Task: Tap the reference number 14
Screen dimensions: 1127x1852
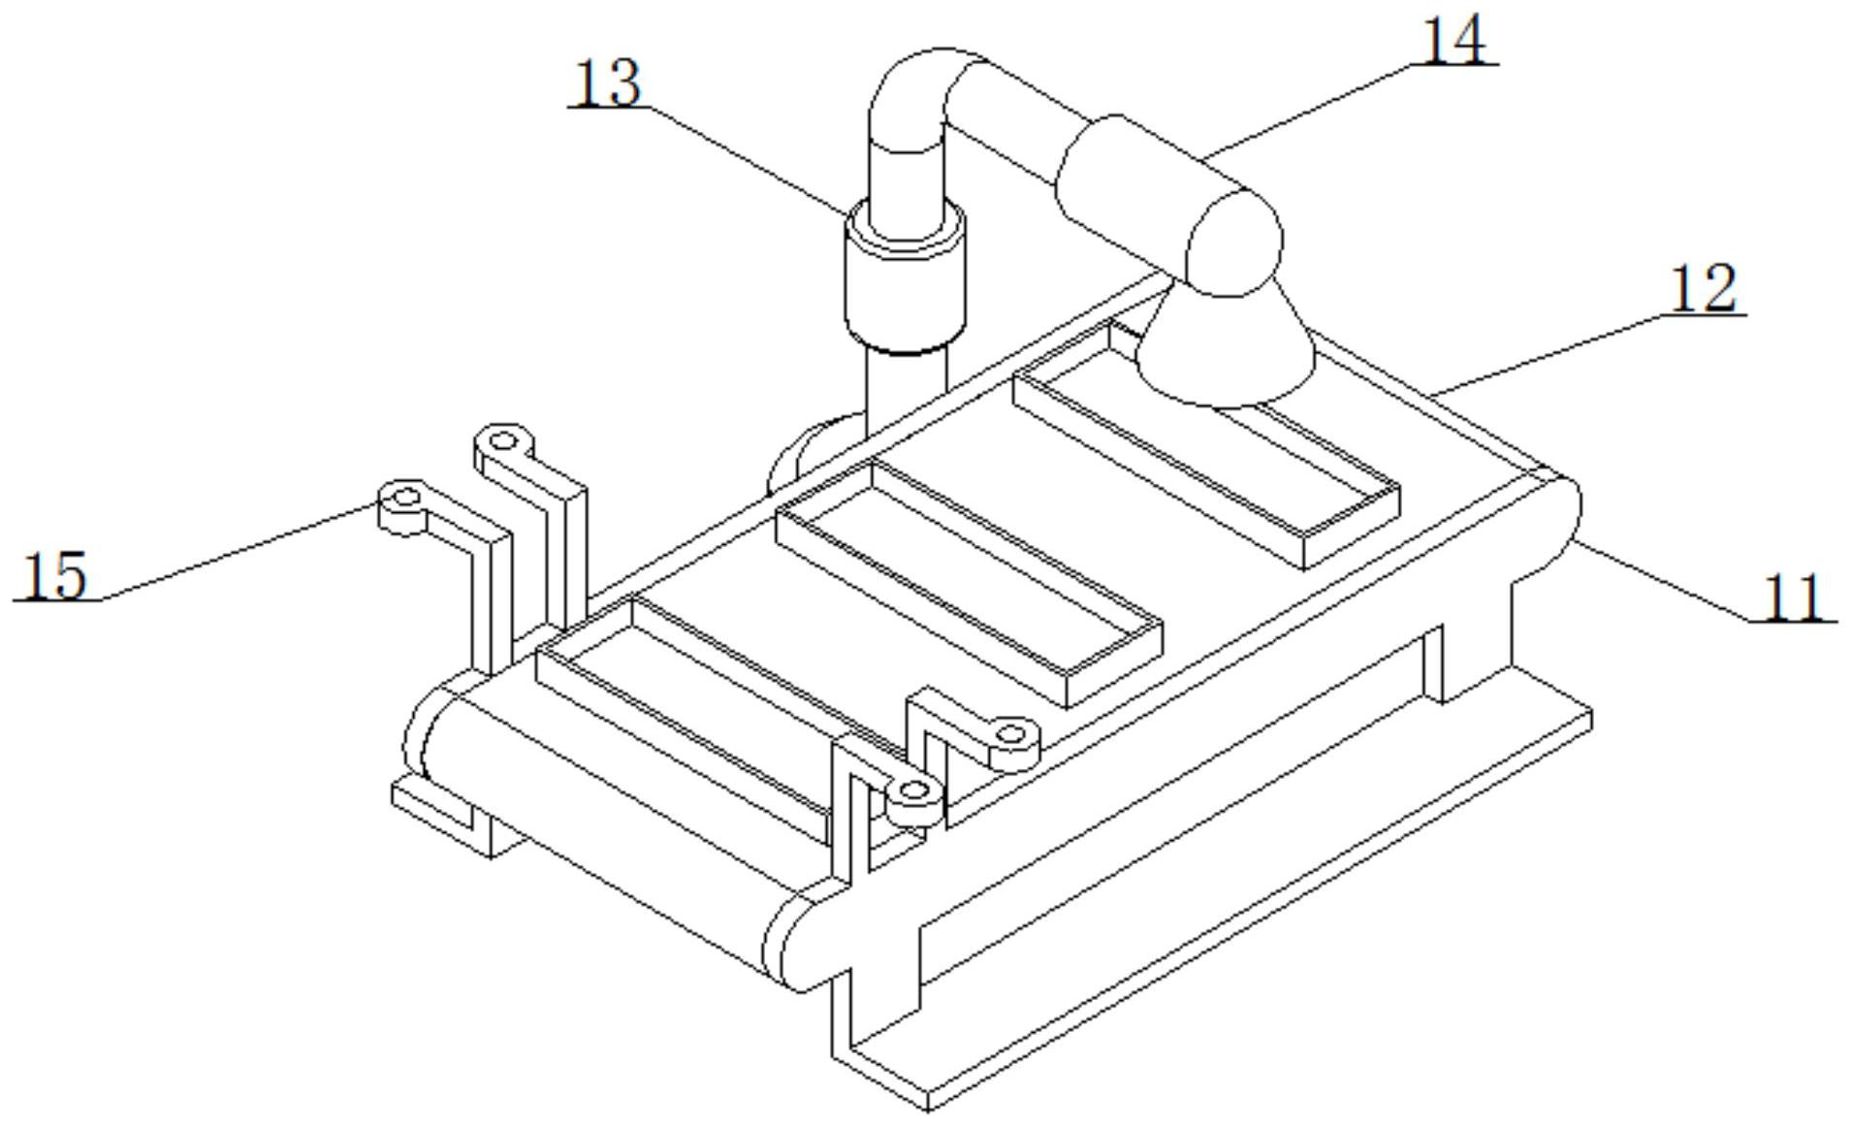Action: pos(1452,41)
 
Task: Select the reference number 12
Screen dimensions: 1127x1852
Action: pos(1703,288)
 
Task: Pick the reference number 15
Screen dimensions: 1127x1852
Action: pos(54,575)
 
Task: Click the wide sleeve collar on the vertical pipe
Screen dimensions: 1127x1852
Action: pos(906,274)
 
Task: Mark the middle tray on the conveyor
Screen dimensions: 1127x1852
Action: pos(970,582)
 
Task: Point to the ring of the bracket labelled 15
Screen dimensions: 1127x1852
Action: pos(405,500)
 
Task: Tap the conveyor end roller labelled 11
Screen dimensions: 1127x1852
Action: pos(1551,524)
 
